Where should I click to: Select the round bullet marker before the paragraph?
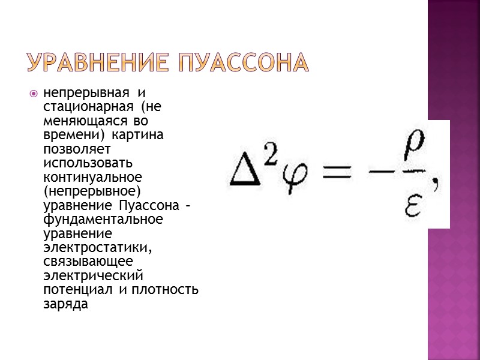[34, 94]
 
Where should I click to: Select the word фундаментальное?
[103, 219]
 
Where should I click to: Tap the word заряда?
[65, 304]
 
